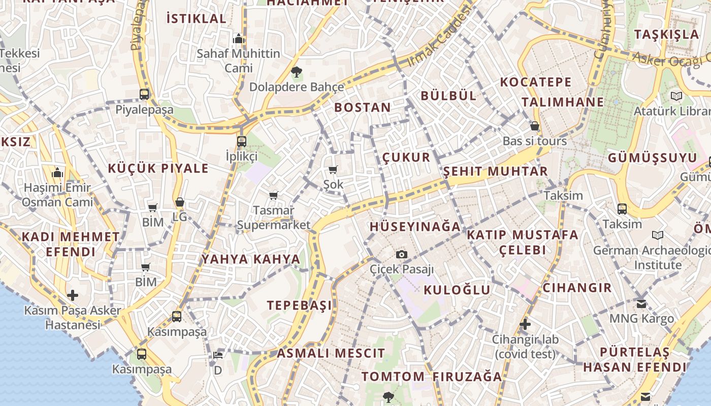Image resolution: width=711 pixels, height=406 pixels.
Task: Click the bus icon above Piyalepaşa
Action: tap(144, 94)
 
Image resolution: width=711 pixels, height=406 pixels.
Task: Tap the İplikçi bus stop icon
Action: tap(242, 142)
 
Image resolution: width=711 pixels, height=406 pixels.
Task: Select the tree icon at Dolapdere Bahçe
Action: tap(296, 72)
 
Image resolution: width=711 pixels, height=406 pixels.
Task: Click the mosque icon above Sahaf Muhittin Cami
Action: tap(238, 39)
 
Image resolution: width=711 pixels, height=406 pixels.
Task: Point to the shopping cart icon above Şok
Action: tap(333, 170)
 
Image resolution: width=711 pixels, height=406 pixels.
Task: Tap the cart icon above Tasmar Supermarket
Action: tap(274, 195)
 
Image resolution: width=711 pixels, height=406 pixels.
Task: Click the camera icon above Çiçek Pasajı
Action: tap(402, 254)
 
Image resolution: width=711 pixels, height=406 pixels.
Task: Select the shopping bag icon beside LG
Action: tap(179, 202)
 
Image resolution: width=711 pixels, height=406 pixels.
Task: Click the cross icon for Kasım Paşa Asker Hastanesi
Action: tap(73, 295)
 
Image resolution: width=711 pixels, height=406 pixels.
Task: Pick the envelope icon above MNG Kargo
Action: tap(641, 303)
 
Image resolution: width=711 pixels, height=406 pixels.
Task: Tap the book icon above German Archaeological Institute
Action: tap(658, 235)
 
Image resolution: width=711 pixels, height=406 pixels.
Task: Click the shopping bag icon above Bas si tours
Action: tap(534, 126)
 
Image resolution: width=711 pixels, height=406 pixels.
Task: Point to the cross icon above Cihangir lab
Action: tap(525, 324)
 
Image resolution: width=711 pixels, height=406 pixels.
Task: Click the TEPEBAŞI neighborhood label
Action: tap(299, 305)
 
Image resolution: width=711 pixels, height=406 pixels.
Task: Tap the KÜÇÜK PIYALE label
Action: tap(158, 168)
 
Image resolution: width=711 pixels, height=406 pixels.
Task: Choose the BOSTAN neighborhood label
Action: tap(363, 108)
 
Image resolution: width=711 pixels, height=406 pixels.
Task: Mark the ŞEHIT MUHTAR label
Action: tap(495, 172)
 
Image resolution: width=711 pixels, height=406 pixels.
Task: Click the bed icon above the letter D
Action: tap(217, 355)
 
